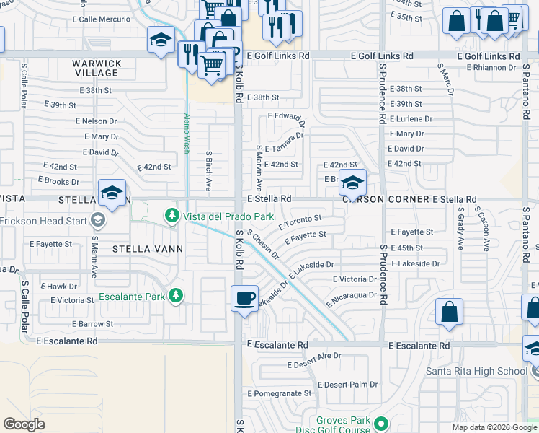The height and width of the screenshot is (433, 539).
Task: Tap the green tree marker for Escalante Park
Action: pos(175,296)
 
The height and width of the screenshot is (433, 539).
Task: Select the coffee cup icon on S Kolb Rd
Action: pos(245,297)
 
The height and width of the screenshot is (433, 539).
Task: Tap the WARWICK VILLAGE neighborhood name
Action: pos(96,68)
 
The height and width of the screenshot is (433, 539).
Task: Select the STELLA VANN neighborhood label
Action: pos(148,249)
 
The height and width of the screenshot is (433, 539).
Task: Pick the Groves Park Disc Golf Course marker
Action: pos(382,423)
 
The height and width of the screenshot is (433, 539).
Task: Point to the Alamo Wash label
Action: pos(187,134)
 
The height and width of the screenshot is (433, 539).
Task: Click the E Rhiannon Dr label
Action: pos(491,68)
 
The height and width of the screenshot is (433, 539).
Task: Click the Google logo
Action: pos(24,424)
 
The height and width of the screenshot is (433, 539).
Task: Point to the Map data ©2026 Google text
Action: pos(494,427)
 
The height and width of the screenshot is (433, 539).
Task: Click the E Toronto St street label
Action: pos(300,221)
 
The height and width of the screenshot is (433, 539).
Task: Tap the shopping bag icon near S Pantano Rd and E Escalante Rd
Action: pos(449,312)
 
